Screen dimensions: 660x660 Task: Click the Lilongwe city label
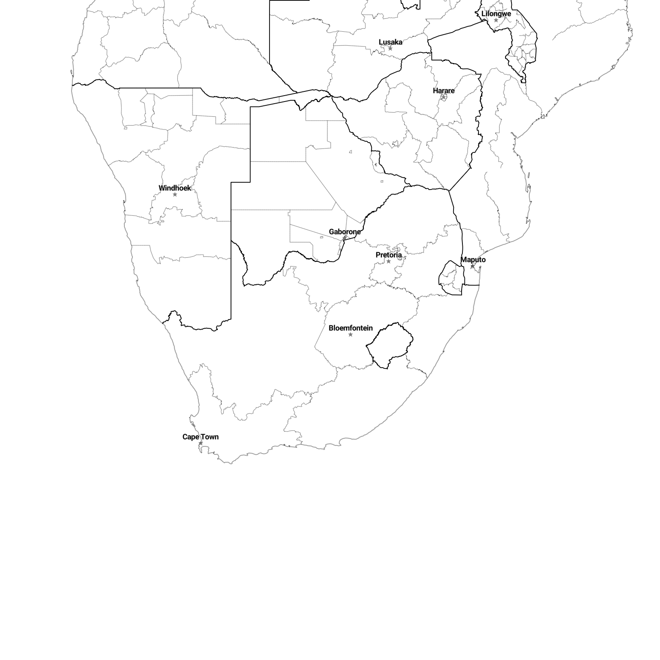coord(496,14)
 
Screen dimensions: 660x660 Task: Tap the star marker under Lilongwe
coord(496,20)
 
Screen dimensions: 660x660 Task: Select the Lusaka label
coord(390,42)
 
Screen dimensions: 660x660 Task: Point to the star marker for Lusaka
coord(390,49)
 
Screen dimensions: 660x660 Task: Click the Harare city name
coord(443,91)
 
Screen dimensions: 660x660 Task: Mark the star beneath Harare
coord(443,97)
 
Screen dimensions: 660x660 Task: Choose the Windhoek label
coord(175,188)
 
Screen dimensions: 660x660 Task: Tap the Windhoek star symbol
coord(175,195)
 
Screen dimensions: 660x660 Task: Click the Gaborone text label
coord(344,231)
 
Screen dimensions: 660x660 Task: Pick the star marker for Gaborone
coord(344,238)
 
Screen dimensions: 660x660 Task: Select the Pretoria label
coord(388,255)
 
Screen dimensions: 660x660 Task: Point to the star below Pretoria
coord(388,261)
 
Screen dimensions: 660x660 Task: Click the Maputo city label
coord(473,259)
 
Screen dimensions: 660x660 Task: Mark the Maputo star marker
coord(473,266)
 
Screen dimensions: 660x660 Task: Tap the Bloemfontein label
coord(350,328)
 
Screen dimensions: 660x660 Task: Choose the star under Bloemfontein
coord(350,335)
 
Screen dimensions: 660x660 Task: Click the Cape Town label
coord(201,437)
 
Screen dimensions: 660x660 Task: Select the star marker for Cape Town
coord(201,443)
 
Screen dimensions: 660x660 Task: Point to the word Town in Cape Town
coord(209,437)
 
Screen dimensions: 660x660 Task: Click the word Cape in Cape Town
coord(190,437)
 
